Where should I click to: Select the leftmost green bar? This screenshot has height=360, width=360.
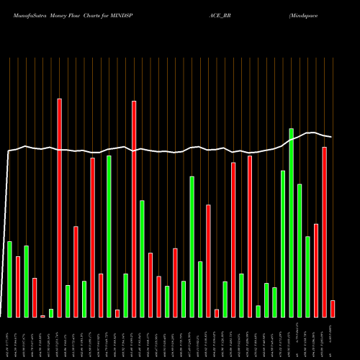(9, 279)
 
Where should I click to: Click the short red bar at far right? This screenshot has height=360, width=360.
(333, 309)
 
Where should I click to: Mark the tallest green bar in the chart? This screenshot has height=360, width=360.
(291, 222)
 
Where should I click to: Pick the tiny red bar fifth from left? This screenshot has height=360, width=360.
(42, 316)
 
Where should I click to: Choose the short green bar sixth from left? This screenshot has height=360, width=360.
(51, 312)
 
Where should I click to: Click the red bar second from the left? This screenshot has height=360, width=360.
(18, 287)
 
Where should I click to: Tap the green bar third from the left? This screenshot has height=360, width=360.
(26, 282)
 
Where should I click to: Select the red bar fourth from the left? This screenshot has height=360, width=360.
(35, 297)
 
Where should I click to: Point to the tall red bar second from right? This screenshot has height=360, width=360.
(324, 232)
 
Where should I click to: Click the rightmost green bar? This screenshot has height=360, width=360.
(307, 276)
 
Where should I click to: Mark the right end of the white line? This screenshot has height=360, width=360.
(331, 137)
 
